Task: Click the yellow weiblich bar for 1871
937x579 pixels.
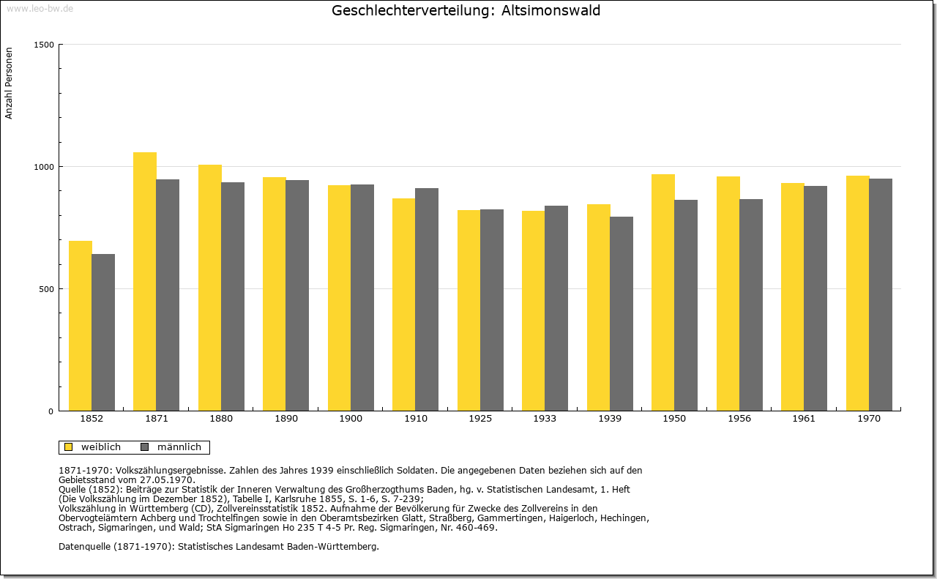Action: pos(145,282)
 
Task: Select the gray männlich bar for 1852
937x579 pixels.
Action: pos(103,332)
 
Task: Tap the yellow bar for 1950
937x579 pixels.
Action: pos(663,293)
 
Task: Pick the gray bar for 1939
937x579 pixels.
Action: pos(621,314)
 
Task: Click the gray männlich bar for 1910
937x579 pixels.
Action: pos(427,299)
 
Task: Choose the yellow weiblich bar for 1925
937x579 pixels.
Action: pos(469,310)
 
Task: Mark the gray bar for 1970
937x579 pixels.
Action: pos(881,295)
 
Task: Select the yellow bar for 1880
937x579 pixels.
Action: pos(210,288)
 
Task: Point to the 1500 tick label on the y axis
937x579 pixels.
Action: pos(44,45)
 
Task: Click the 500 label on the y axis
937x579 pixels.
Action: pos(46,289)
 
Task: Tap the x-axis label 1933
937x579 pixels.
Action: pos(545,419)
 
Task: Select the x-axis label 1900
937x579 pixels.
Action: pos(351,419)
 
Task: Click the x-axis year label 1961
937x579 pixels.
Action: pos(804,419)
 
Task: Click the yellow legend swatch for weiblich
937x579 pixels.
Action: pos(69,447)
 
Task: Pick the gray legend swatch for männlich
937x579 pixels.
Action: pos(145,447)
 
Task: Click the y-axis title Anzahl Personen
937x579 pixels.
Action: pos(9,83)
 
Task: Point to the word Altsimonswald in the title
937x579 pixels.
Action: pos(551,10)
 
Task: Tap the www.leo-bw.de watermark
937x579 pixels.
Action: pos(40,8)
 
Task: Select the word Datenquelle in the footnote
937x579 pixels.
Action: pos(84,546)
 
